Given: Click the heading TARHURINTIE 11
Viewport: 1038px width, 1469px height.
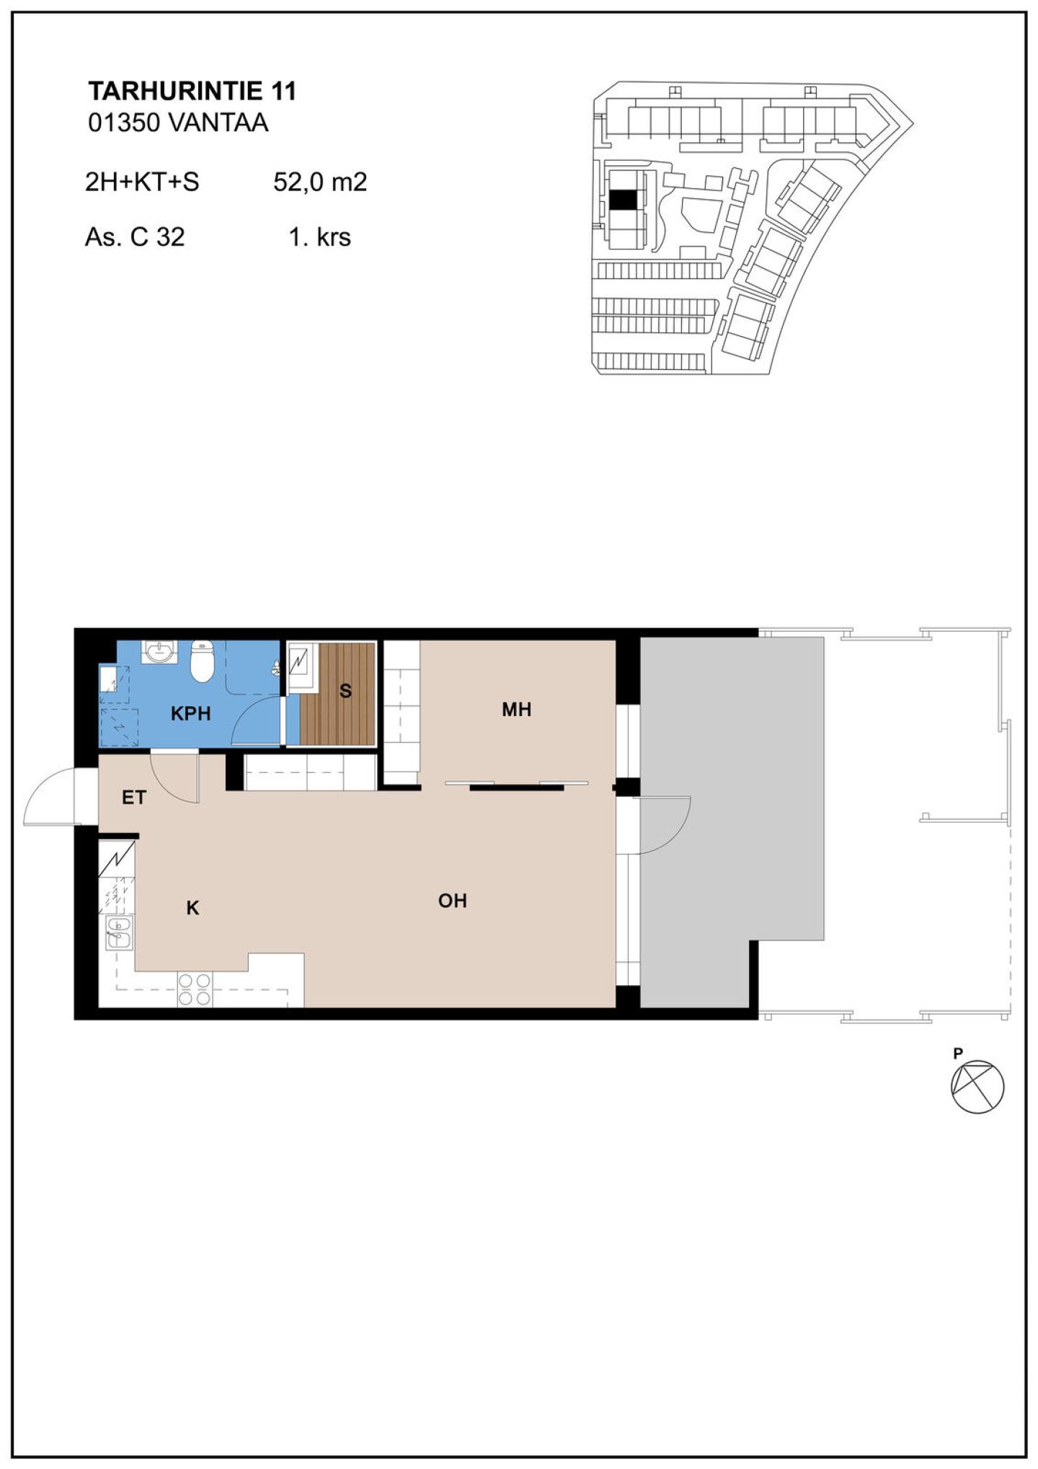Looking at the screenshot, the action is coord(192,91).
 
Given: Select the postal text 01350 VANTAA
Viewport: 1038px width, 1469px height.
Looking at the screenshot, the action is coord(178,123).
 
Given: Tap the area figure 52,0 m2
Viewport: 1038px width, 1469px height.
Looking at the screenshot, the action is coord(320,182).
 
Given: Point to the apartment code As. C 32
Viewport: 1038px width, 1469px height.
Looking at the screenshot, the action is coord(135,237).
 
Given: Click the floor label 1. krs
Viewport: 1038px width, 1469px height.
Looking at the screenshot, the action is coord(319,237).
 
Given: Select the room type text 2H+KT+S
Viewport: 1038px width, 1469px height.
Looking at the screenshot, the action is coord(142,182).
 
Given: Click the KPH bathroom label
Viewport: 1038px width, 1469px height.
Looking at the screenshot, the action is coord(191,713).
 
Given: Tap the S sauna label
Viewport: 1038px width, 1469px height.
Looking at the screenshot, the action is coord(345,691).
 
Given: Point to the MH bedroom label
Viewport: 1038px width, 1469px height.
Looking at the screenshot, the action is coord(517,710).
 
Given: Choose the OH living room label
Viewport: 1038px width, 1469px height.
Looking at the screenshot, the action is coord(453,901).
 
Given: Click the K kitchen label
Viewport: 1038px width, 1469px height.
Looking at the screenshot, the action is coord(192,908).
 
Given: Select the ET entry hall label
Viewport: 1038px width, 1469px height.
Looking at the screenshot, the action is coord(134,798).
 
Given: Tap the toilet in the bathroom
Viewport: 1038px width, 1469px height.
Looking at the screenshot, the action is coord(202,661).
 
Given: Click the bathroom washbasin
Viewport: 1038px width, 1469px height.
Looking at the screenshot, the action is coord(158,652).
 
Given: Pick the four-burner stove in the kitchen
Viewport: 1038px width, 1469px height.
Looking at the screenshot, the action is coord(195,989).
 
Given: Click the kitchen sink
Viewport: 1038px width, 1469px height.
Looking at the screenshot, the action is coord(119,932).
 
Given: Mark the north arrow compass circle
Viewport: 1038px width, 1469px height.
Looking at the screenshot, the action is coord(977,1087).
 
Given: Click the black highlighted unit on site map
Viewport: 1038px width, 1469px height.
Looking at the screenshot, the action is coord(624,199).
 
